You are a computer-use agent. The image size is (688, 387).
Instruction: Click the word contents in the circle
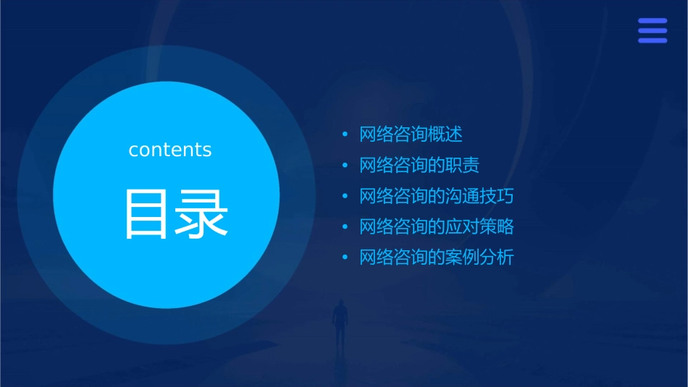(170, 150)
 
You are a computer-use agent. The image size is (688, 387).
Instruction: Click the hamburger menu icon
(652, 30)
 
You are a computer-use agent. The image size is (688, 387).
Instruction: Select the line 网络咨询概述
(411, 135)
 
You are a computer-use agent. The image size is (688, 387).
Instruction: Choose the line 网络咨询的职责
(419, 166)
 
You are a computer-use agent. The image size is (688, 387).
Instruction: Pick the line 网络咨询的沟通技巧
(437, 196)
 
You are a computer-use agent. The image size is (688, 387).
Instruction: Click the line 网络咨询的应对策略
(437, 226)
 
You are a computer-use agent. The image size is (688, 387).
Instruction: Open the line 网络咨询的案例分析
(437, 258)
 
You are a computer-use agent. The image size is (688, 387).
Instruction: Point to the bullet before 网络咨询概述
(345, 135)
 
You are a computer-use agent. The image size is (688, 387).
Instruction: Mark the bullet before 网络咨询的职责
(345, 166)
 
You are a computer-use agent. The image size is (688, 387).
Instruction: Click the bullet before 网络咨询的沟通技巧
(345, 196)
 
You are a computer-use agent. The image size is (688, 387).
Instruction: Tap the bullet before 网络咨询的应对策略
(345, 227)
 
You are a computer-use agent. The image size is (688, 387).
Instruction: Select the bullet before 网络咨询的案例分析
(345, 258)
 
